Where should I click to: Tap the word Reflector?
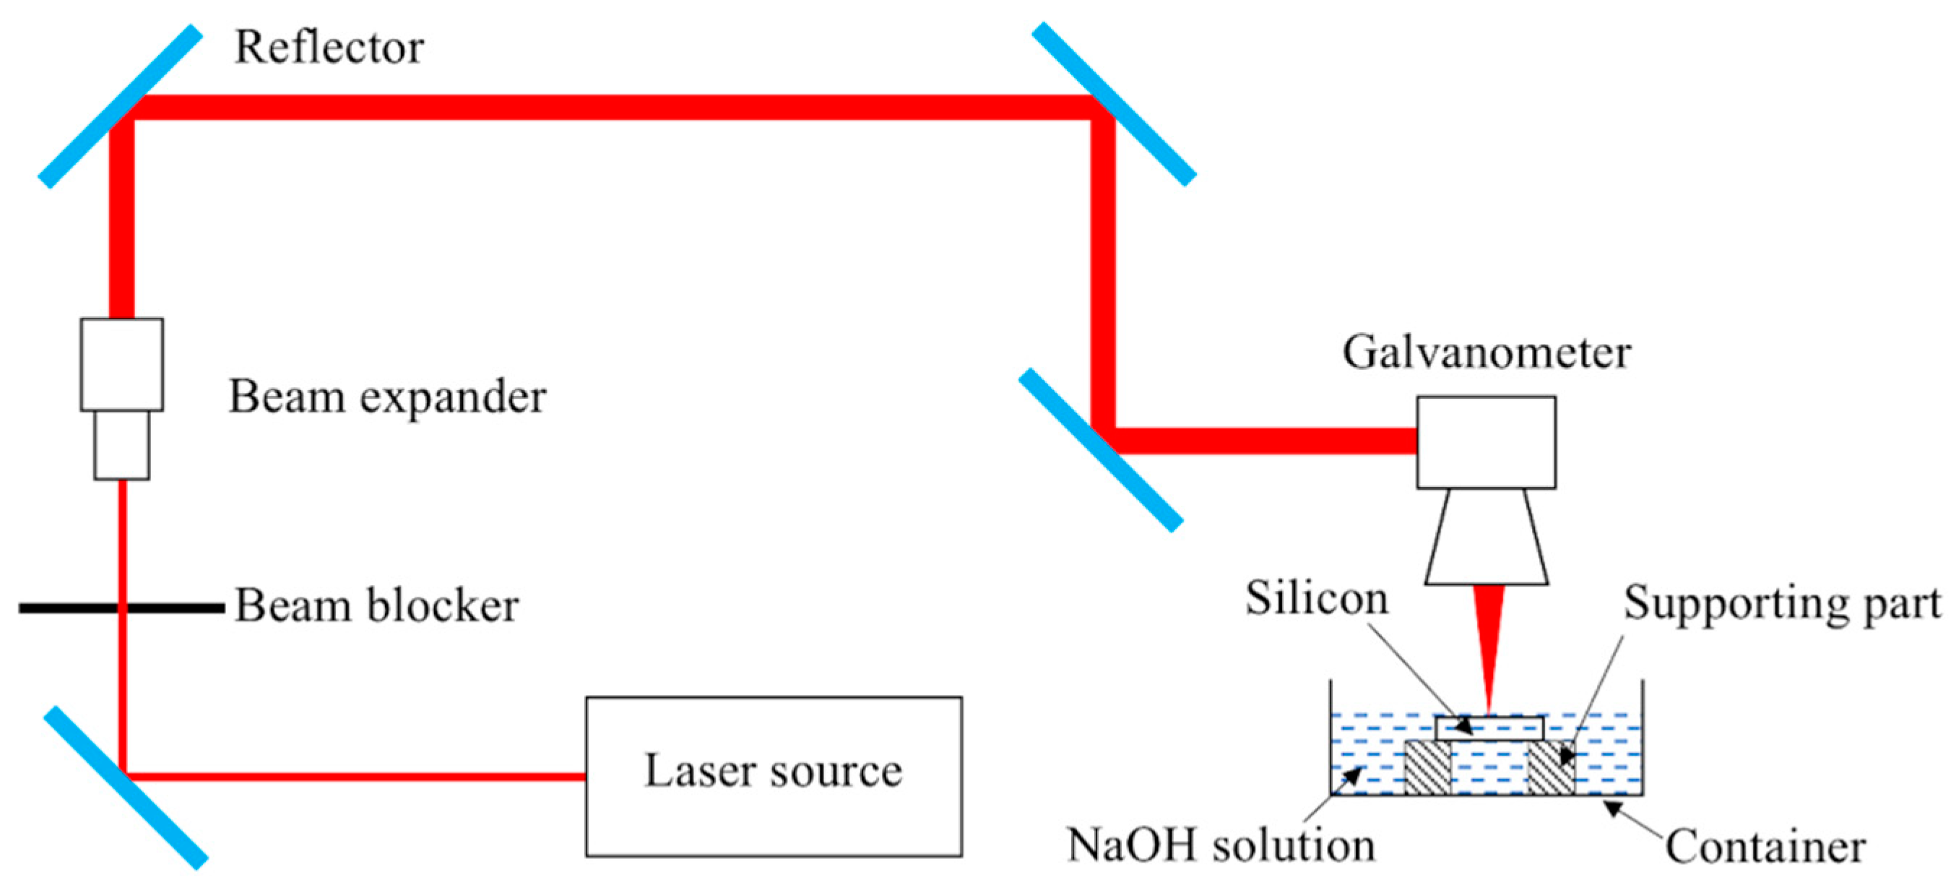(329, 47)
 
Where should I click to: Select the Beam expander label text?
(387, 397)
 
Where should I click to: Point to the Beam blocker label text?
(376, 605)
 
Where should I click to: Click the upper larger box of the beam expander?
(121, 365)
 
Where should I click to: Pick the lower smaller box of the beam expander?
(121, 445)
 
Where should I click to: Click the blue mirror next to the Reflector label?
(120, 106)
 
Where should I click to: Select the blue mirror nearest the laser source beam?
(124, 787)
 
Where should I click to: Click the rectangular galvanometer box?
(1485, 442)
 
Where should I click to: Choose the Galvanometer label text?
(1486, 353)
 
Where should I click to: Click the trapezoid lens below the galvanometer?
(1486, 537)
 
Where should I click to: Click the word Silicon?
(1316, 598)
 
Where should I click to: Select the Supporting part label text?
(1781, 604)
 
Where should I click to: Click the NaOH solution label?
(1221, 844)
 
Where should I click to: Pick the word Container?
(1765, 847)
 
